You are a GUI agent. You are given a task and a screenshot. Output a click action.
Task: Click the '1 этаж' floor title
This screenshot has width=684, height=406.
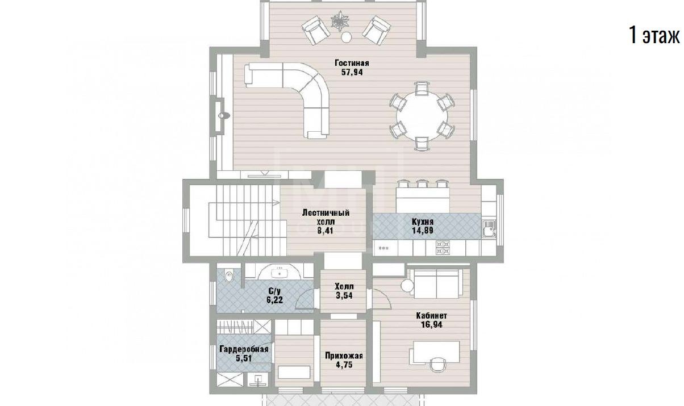pyautogui.click(x=654, y=36)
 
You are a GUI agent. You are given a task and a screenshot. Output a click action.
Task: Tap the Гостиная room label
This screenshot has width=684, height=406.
pyautogui.click(x=352, y=63)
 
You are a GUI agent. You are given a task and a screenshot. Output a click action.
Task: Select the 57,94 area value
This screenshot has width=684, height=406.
pyautogui.click(x=352, y=72)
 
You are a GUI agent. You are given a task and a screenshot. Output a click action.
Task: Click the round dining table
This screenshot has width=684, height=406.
pyautogui.click(x=422, y=116)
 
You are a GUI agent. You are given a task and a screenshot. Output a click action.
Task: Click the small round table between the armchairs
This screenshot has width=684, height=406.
pyautogui.click(x=347, y=37)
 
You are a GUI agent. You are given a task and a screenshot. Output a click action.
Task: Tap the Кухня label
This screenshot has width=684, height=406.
pyautogui.click(x=423, y=221)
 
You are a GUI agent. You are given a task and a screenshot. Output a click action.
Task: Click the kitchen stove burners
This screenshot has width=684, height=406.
pyautogui.click(x=443, y=248)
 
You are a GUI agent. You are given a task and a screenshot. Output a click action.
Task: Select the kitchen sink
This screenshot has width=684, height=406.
pyautogui.click(x=489, y=229)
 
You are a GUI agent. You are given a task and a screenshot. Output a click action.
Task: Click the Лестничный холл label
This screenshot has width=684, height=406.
pyautogui.click(x=326, y=217)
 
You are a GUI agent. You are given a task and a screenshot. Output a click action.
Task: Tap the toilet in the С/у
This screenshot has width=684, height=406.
pyautogui.click(x=228, y=277)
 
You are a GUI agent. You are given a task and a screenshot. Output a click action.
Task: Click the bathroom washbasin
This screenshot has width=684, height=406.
pyautogui.click(x=280, y=273)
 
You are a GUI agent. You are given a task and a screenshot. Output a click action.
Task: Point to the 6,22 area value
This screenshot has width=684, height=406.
pyautogui.click(x=274, y=300)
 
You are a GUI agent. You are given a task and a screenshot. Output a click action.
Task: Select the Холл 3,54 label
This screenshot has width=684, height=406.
pyautogui.click(x=344, y=291)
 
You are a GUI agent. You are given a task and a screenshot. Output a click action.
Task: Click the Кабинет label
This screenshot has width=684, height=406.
pyautogui.click(x=431, y=316)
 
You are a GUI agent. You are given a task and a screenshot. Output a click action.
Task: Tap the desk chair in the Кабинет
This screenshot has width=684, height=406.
pyautogui.click(x=437, y=365)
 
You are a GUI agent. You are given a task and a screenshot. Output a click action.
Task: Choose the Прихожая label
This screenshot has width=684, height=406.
pyautogui.click(x=344, y=356)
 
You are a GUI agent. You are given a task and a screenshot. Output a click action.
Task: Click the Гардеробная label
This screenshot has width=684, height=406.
pyautogui.click(x=244, y=349)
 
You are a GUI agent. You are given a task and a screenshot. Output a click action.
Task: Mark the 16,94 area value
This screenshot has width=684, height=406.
pyautogui.click(x=431, y=325)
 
